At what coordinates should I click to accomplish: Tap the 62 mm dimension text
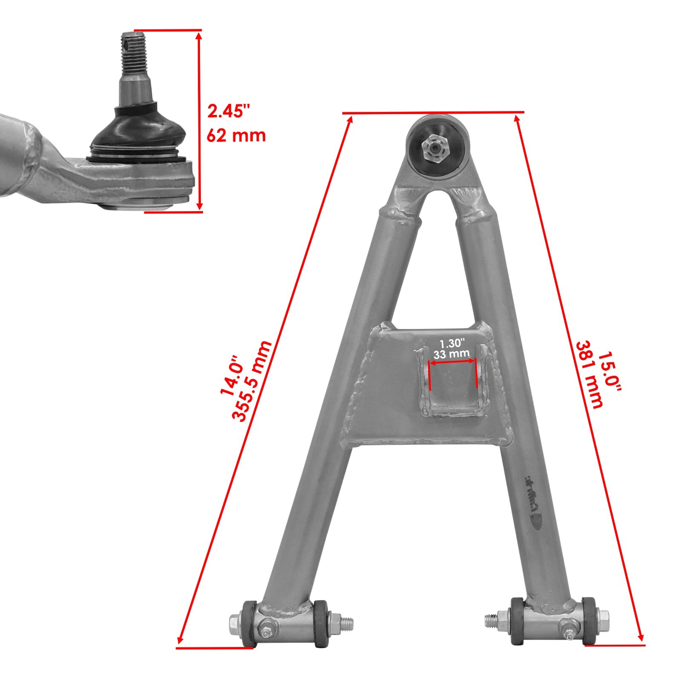click(x=236, y=136)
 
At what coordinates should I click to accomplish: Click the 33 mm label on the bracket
click(x=451, y=353)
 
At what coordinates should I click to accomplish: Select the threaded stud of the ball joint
click(x=134, y=54)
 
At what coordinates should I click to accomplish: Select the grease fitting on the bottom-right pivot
click(x=568, y=628)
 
